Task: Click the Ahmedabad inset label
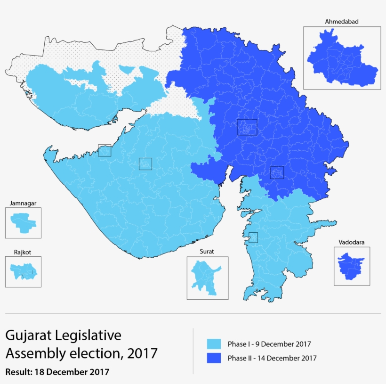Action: (339, 22)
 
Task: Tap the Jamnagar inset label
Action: (23, 203)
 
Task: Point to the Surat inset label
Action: (207, 252)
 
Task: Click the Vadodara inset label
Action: (351, 242)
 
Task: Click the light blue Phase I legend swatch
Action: (214, 344)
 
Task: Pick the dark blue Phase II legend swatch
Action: (214, 358)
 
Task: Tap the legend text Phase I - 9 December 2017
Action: (269, 344)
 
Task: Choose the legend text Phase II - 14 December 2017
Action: (272, 358)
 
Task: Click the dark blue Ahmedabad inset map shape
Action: (341, 59)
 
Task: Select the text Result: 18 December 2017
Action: (57, 372)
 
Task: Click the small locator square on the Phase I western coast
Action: (105, 150)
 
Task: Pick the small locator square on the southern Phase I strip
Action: (253, 237)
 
